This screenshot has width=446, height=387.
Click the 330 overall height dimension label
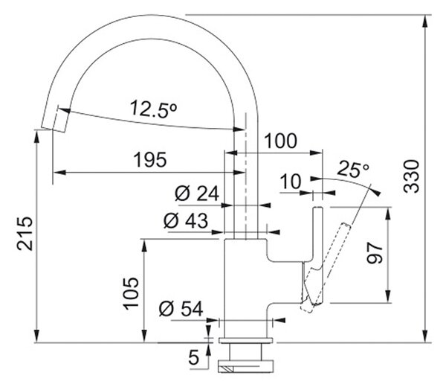pos(412,176)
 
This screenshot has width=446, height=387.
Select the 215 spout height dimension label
pos(25,234)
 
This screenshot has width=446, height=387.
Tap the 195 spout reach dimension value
pos(150,160)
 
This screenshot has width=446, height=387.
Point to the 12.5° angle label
pos(154,109)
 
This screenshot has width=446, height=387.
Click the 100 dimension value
pos(280,141)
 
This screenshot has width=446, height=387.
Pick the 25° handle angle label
pos(353,170)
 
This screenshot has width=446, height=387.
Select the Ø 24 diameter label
pos(197,193)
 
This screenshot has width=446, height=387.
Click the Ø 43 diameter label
pos(186,220)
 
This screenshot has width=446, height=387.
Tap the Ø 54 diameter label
pos(181,309)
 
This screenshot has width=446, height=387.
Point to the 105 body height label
pos(131,293)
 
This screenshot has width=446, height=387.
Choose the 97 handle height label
pos(375,253)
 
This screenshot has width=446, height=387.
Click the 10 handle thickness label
pos(291,182)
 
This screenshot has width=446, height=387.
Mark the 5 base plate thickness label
pos(194,357)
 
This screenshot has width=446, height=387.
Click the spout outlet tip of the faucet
pos(53,129)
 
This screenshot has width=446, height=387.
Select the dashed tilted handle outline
pos(326,268)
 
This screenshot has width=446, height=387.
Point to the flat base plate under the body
pos(246,340)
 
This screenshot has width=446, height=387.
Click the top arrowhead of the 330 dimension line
pos(425,21)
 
